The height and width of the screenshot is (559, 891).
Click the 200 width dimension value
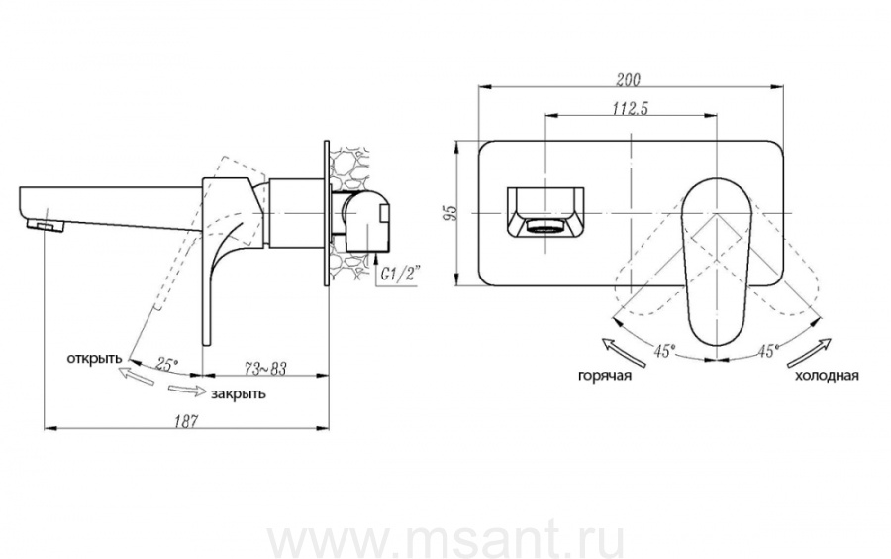pyautogui.click(x=628, y=79)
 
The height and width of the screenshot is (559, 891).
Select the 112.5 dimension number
pyautogui.click(x=631, y=108)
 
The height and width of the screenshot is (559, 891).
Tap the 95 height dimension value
pyautogui.click(x=450, y=212)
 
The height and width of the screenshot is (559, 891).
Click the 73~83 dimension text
pyautogui.click(x=266, y=369)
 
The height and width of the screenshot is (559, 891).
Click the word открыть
pyautogui.click(x=94, y=359)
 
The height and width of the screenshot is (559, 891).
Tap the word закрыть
pyautogui.click(x=238, y=394)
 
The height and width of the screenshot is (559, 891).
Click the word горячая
pyautogui.click(x=605, y=376)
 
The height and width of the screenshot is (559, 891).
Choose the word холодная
pyautogui.click(x=827, y=376)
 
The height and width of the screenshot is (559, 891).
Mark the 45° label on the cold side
pyautogui.click(x=767, y=351)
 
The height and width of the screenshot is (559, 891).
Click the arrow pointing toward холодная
pyautogui.click(x=809, y=352)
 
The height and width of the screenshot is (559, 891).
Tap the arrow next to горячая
pyautogui.click(x=624, y=352)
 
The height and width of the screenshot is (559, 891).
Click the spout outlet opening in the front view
pyautogui.click(x=544, y=228)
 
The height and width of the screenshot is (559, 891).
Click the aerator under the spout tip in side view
pyautogui.click(x=49, y=227)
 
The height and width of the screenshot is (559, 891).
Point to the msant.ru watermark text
pyautogui.click(x=445, y=535)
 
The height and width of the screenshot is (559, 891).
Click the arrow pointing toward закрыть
pyautogui.click(x=185, y=391)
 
